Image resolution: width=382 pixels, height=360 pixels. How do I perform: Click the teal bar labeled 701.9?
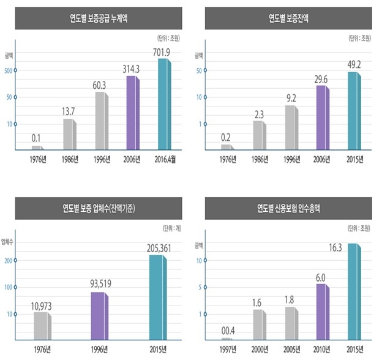[x=165, y=104]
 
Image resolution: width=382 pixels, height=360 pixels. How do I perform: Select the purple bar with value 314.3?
[x=133, y=113]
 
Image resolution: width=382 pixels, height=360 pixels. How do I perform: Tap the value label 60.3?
[x=99, y=85]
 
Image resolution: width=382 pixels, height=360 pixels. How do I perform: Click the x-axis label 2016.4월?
[x=165, y=159]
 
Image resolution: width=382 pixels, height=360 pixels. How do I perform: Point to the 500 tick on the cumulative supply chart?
[x=9, y=70]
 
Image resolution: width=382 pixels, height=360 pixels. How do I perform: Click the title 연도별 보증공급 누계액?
[x=99, y=18]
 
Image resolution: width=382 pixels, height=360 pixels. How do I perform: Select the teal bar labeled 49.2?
[x=354, y=111]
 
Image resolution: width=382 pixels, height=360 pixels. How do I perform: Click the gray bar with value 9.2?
[x=291, y=127]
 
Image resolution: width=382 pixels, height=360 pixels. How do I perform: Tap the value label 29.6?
[x=321, y=80]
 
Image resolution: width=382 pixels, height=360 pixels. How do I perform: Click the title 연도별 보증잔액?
[x=289, y=18]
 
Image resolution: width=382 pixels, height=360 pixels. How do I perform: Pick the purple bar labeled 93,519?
[x=100, y=316]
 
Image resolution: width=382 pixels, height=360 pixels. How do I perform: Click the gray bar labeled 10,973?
[x=43, y=326]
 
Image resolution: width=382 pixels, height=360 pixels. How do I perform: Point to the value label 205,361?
[x=159, y=248]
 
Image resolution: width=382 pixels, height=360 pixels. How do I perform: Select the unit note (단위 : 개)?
[x=172, y=228]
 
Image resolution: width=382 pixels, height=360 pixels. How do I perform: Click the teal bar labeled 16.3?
[x=354, y=291]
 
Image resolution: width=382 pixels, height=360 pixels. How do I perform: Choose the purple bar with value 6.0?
[x=323, y=312]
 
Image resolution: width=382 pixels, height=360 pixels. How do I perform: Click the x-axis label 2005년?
[x=291, y=350]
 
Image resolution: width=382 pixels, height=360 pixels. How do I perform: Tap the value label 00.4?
[x=228, y=331]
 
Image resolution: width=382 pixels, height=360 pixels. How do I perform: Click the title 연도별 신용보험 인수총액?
[x=289, y=208]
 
